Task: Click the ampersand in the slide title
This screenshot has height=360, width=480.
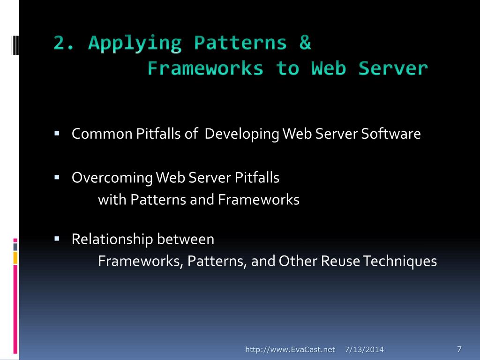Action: click(304, 43)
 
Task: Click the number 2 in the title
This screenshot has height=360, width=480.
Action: click(59, 43)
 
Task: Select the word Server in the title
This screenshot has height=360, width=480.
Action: click(393, 68)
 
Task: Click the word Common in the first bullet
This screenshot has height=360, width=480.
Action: click(102, 134)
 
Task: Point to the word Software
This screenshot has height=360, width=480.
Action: click(391, 134)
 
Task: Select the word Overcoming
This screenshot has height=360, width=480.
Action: click(112, 178)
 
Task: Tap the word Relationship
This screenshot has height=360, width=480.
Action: click(112, 240)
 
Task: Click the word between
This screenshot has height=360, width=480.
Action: click(186, 240)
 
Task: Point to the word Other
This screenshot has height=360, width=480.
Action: click(298, 261)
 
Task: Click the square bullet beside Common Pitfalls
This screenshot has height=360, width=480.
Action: click(57, 134)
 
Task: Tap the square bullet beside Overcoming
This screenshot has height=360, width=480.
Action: click(57, 178)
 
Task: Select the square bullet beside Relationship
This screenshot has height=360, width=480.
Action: click(57, 239)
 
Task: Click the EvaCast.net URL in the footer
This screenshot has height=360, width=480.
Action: click(291, 349)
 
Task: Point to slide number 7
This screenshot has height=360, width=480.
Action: click(459, 348)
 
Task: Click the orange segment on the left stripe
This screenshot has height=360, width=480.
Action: click(15, 257)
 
